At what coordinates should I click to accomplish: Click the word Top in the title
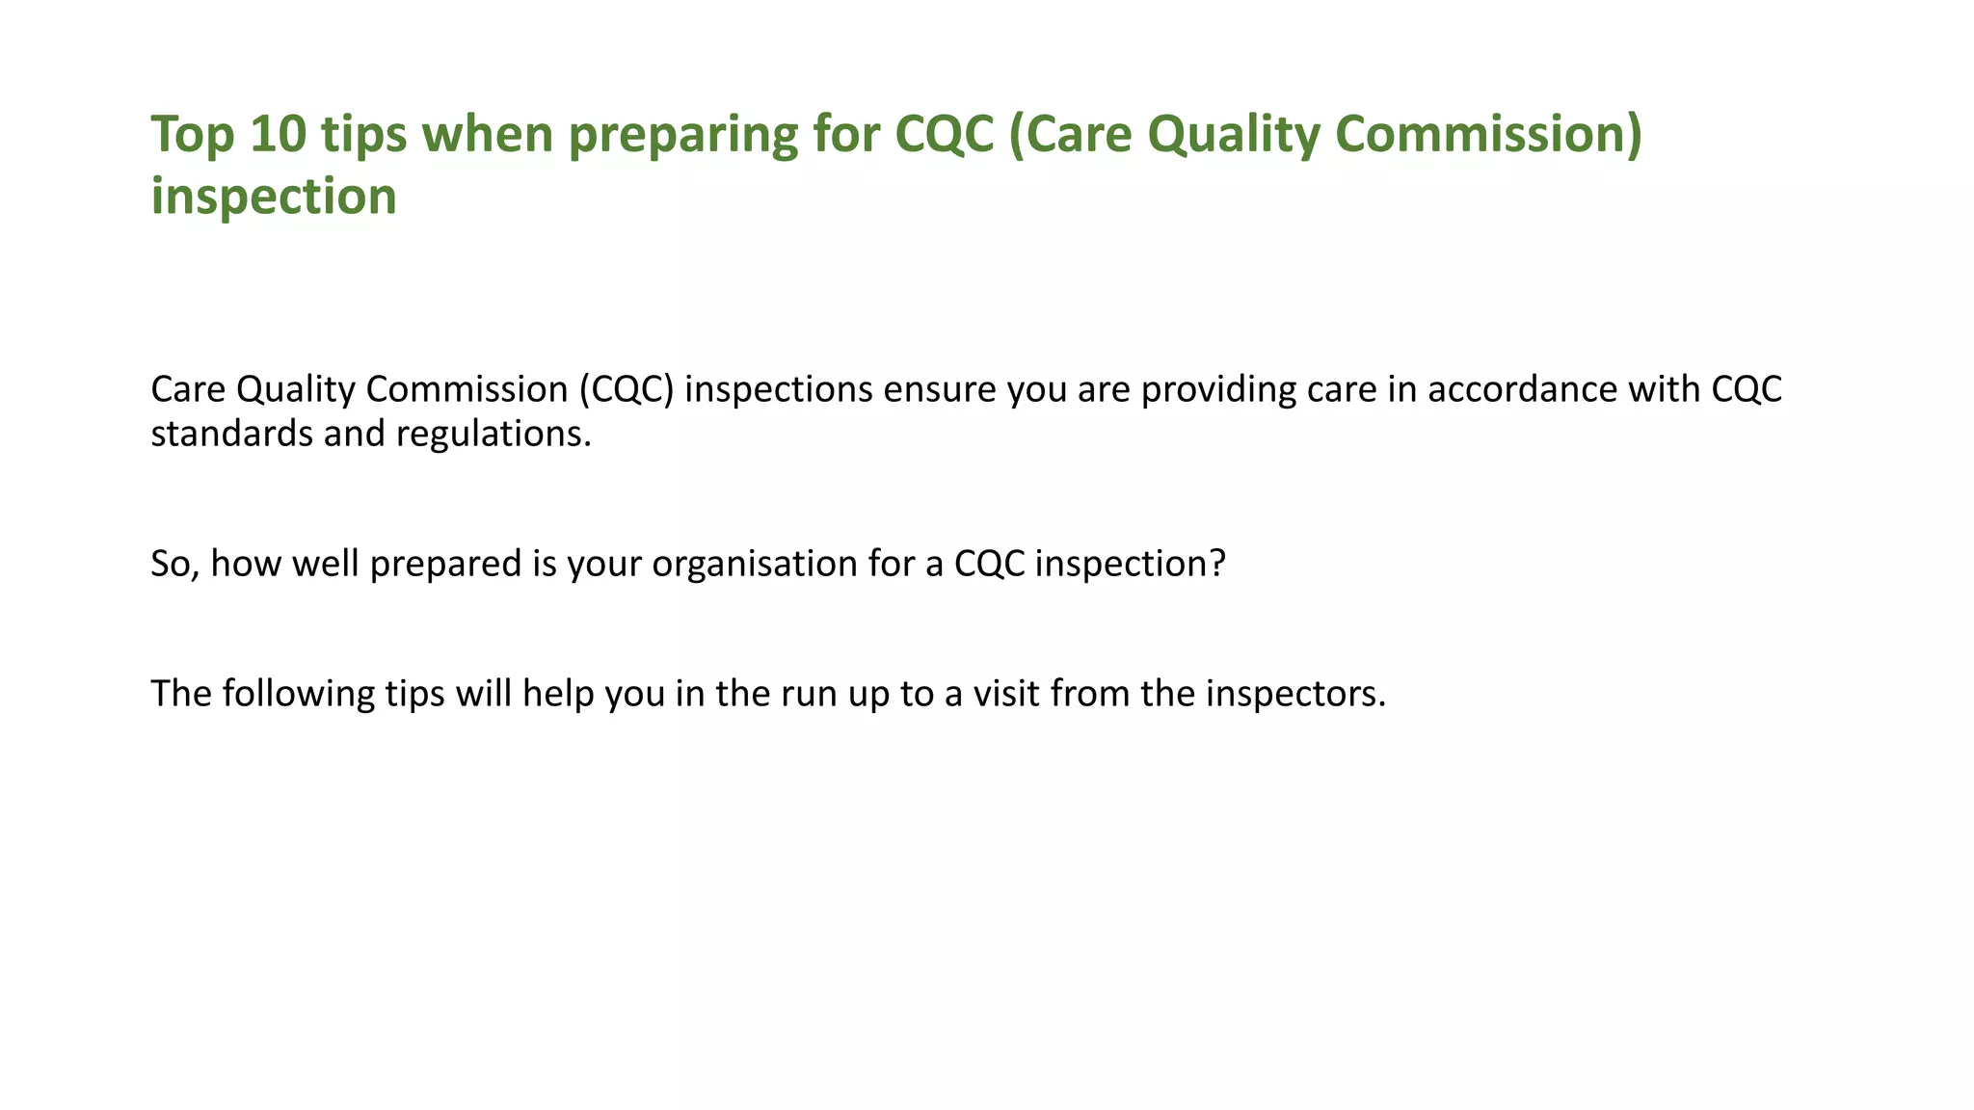tap(192, 134)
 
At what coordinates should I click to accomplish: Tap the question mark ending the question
tap(1217, 564)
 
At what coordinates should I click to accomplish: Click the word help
tap(558, 694)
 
